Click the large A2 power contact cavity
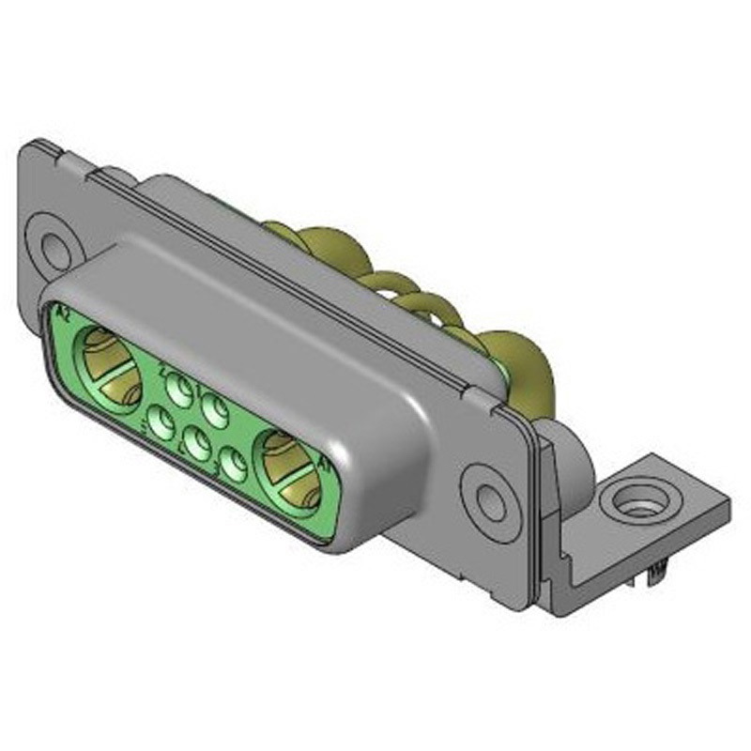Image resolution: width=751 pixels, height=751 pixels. tap(109, 361)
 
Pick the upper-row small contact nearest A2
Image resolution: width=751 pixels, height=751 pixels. tap(178, 386)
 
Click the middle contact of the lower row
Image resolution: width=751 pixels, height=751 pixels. tap(197, 443)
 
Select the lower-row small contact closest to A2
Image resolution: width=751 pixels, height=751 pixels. tap(161, 427)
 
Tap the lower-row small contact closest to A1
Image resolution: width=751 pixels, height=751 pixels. tap(232, 462)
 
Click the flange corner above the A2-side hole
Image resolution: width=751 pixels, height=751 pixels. tap(38, 155)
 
